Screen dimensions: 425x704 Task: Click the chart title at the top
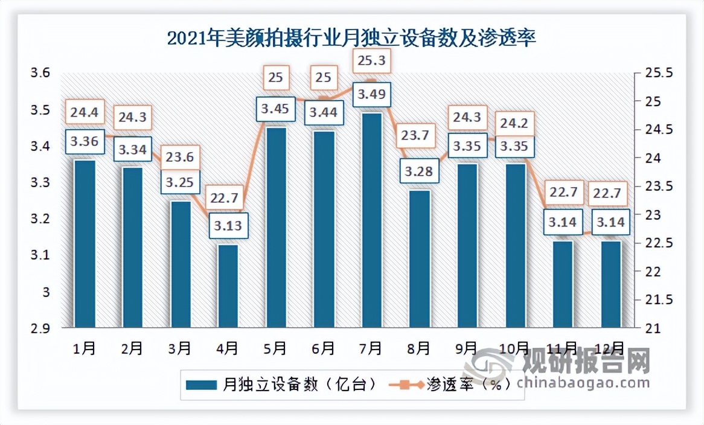(x=351, y=39)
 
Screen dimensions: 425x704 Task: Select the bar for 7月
(x=371, y=220)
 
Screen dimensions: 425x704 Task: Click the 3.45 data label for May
(x=275, y=109)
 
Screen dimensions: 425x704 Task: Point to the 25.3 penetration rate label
(x=371, y=62)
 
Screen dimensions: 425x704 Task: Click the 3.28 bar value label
(x=419, y=171)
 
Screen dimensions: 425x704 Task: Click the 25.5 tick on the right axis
(x=654, y=73)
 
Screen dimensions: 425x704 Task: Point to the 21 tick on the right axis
(x=648, y=328)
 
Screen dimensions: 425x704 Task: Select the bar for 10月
(x=515, y=245)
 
